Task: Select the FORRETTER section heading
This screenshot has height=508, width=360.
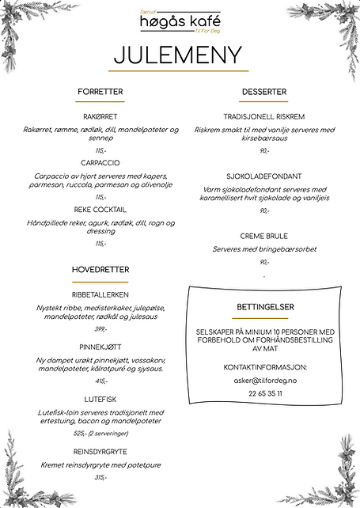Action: click(x=100, y=92)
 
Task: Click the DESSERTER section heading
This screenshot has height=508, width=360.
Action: click(x=264, y=92)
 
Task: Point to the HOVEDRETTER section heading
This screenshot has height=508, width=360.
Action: click(x=100, y=270)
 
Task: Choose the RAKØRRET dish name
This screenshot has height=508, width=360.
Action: click(x=100, y=116)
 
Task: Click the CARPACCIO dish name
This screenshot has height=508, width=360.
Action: click(x=100, y=162)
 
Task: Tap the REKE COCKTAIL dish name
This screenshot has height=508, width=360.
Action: click(x=100, y=210)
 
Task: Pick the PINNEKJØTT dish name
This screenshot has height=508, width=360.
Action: click(x=100, y=347)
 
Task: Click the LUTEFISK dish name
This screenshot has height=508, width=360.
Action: click(x=100, y=399)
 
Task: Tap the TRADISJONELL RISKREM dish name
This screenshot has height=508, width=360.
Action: click(x=264, y=116)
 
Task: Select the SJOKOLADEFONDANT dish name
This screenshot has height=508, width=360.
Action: click(x=264, y=177)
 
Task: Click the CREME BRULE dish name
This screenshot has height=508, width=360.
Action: click(x=264, y=236)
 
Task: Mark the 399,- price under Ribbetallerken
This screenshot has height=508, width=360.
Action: click(x=100, y=329)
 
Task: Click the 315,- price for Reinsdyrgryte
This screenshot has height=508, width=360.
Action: click(x=100, y=478)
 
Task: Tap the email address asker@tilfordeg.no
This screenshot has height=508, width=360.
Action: click(x=264, y=380)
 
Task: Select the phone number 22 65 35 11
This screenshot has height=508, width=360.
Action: click(x=264, y=393)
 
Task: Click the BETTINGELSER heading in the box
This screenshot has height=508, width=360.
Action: click(x=264, y=305)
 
